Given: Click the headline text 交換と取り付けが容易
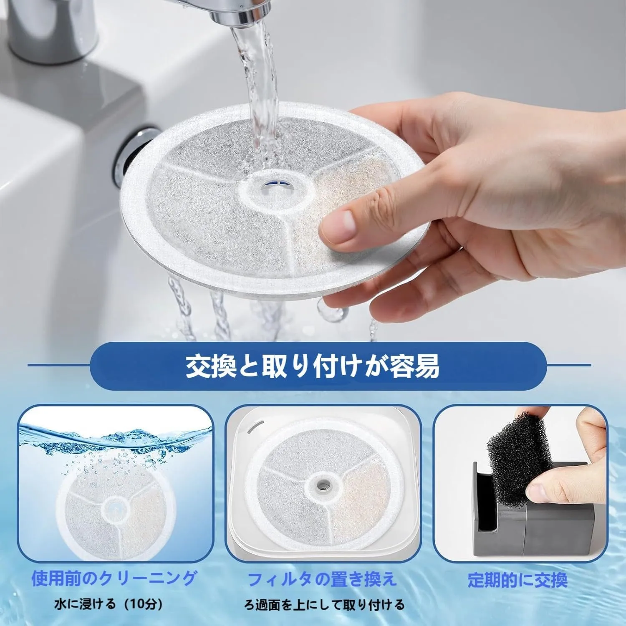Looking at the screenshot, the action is pyautogui.click(x=313, y=366).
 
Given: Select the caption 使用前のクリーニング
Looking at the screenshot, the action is pyautogui.click(x=114, y=578).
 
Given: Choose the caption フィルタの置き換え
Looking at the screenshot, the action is pyautogui.click(x=322, y=579).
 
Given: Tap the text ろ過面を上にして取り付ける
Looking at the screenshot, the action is pyautogui.click(x=324, y=604).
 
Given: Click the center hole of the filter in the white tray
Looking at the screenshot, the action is pyautogui.click(x=322, y=484).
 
